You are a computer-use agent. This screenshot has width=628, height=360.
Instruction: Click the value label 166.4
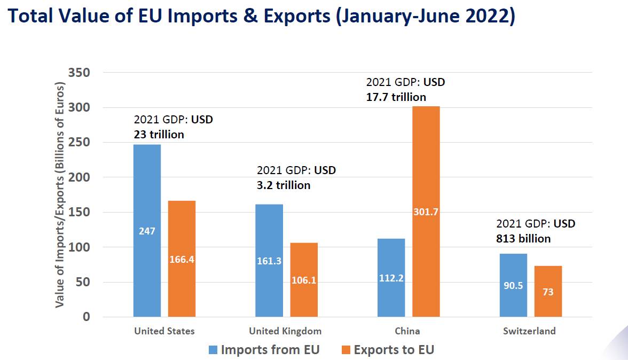tap(182, 259)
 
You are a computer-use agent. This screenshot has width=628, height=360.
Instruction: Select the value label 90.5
tap(513, 285)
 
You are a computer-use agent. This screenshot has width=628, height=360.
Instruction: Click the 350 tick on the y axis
tap(80, 73)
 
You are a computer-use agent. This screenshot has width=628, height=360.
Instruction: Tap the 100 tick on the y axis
tap(80, 247)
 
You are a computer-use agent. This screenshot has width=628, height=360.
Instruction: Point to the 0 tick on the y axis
tap(86, 317)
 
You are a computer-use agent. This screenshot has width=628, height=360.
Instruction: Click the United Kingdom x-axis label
tap(285, 331)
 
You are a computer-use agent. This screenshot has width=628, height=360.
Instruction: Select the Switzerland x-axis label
tap(529, 331)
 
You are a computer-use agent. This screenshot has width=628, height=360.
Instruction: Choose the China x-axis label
tap(407, 331)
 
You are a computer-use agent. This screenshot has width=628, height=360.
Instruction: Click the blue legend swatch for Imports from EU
tap(213, 350)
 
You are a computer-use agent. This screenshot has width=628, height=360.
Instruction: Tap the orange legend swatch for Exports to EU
tap(346, 350)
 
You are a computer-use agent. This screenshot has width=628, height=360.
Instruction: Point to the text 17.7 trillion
tap(396, 97)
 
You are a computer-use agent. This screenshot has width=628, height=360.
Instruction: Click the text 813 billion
tap(523, 238)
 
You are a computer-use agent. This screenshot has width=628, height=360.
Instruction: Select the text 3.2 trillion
tap(283, 185)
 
